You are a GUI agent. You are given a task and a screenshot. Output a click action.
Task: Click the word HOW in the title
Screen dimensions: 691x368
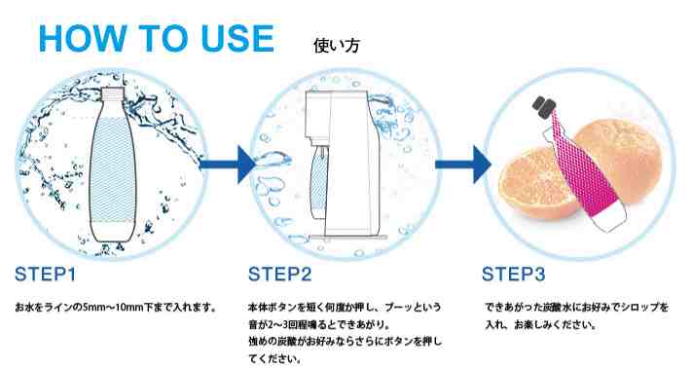pos(83,38)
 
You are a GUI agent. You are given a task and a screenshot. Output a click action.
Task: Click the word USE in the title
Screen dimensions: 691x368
pos(237,38)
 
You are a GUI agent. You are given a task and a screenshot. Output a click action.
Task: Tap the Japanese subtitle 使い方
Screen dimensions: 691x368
pos(336,46)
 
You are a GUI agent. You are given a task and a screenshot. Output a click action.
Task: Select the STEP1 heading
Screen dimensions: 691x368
pos(46,275)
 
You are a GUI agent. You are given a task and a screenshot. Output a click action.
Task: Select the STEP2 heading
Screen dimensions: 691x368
pos(280,275)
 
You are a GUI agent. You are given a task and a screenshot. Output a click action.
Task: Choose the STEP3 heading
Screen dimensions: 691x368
pos(514,275)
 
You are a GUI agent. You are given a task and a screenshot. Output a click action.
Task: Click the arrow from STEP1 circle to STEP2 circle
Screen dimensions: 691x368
pos(227,165)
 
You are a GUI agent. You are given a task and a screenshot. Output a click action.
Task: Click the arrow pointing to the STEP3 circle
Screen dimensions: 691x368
pos(462,165)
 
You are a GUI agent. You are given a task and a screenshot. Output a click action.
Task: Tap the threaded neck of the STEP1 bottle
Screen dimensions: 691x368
pos(113,93)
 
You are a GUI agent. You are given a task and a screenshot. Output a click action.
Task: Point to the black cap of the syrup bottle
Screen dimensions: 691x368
pos(544,104)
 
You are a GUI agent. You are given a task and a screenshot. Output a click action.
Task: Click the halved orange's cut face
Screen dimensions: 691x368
pos(536,183)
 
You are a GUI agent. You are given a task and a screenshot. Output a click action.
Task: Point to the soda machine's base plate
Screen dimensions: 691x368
pos(347,238)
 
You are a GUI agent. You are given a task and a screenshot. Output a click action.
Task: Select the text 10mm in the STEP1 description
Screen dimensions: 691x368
pos(129,308)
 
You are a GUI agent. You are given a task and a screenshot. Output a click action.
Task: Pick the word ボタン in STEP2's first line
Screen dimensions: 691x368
pos(282,308)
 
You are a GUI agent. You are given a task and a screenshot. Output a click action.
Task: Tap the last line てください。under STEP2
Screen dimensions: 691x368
pos(275,358)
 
